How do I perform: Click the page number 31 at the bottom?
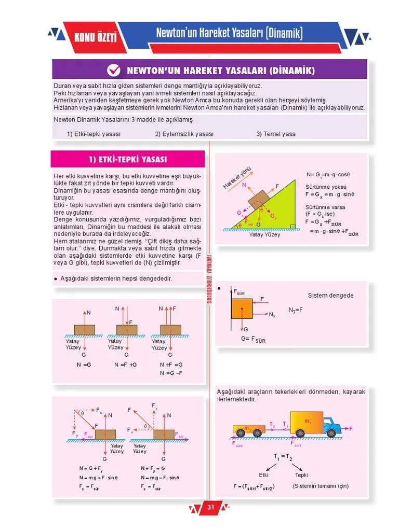[210, 507]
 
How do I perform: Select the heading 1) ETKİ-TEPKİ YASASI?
[128, 159]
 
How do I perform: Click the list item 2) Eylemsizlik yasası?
[184, 134]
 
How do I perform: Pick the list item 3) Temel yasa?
[275, 134]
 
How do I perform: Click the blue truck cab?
[330, 426]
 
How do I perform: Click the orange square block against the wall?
[242, 308]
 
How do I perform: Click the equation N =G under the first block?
[84, 365]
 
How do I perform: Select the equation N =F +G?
[125, 365]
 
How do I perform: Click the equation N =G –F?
[171, 373]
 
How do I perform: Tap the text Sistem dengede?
[330, 296]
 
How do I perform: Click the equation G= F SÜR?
[253, 340]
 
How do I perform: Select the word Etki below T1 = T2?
[263, 474]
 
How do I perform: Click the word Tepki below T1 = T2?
[302, 474]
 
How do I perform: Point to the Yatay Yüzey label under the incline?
[264, 234]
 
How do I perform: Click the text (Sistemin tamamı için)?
[321, 486]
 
